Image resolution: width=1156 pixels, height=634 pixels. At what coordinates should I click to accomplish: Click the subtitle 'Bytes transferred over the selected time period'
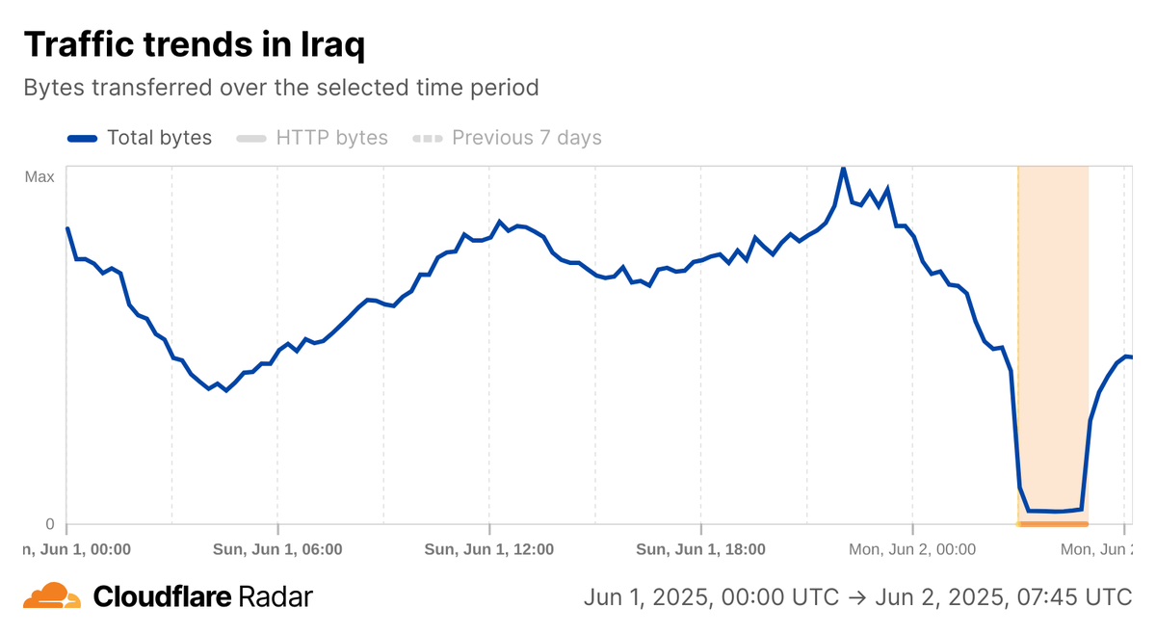(x=280, y=88)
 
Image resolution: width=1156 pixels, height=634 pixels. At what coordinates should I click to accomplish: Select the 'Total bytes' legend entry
(x=159, y=138)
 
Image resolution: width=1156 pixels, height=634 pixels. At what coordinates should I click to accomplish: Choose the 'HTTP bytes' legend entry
(x=331, y=138)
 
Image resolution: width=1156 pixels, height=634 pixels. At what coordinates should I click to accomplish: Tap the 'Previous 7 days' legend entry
(x=526, y=138)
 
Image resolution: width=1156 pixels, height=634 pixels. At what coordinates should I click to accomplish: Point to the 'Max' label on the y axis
(x=39, y=176)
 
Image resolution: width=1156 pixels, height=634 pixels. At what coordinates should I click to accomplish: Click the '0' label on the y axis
(x=50, y=524)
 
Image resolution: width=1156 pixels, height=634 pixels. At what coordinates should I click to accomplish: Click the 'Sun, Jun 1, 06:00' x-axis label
(x=277, y=550)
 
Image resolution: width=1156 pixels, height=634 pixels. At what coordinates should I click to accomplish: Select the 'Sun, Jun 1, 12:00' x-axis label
(x=489, y=550)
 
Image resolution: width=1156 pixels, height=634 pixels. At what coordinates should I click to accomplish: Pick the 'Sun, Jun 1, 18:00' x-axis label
(x=701, y=550)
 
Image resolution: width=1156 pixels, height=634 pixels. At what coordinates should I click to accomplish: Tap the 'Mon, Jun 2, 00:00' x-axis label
(x=912, y=550)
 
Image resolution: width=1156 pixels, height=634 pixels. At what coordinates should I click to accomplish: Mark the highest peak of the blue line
(x=843, y=169)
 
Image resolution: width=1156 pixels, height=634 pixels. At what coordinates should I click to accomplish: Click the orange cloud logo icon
(x=51, y=596)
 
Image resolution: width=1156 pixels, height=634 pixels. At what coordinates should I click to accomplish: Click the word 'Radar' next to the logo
(x=274, y=597)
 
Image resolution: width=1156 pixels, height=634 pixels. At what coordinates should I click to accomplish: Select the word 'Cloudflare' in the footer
(x=162, y=597)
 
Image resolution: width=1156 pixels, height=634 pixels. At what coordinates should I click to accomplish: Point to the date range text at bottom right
(x=857, y=597)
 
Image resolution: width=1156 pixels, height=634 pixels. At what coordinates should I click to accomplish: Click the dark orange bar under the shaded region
(x=1053, y=524)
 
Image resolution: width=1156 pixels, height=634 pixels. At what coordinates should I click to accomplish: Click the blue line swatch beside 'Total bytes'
(x=83, y=139)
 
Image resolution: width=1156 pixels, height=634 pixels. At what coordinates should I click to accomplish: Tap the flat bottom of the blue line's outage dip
(x=1055, y=511)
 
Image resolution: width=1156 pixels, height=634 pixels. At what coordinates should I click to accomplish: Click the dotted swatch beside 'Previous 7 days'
(x=428, y=139)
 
